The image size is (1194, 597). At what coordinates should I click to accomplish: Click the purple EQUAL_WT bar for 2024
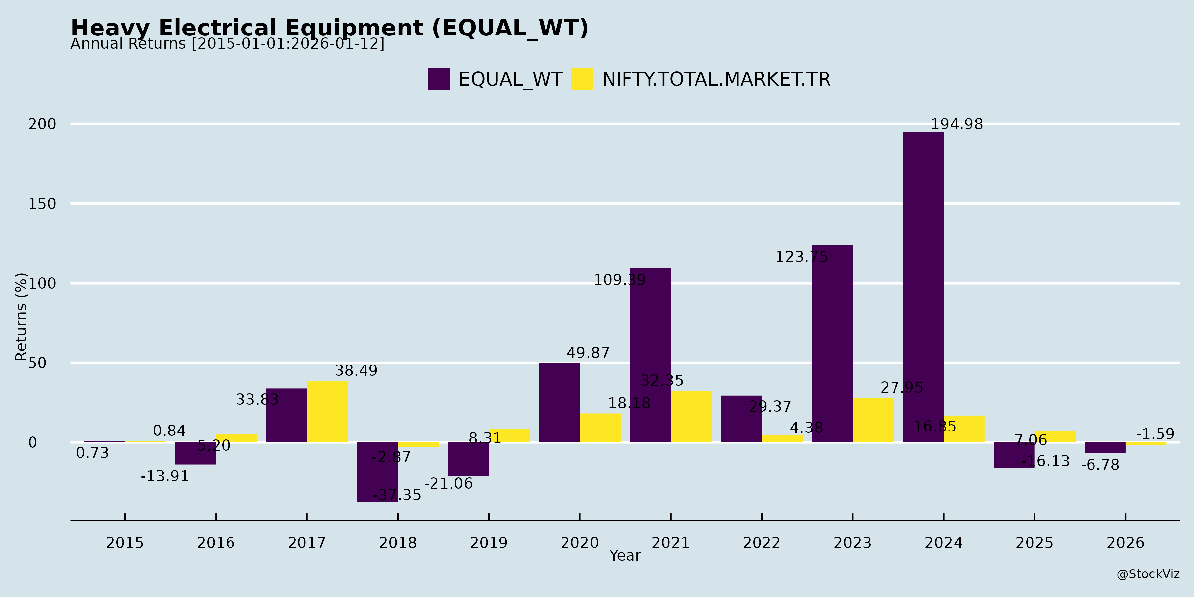(923, 287)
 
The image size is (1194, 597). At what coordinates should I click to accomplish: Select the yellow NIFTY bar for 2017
(327, 412)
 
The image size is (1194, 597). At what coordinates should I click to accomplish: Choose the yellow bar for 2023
(873, 420)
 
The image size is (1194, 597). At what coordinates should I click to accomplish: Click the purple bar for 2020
(559, 402)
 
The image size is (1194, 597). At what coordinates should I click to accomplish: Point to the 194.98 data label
(957, 124)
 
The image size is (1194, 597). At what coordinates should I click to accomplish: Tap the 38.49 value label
(356, 371)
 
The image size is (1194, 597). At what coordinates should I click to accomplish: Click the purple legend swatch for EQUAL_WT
(438, 79)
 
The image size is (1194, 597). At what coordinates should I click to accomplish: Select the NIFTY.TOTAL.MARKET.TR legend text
(716, 79)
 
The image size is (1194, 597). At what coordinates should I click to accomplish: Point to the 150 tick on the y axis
(42, 204)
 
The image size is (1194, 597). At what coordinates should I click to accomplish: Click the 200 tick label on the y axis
(42, 124)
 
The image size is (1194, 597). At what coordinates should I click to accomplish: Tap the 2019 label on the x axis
(489, 542)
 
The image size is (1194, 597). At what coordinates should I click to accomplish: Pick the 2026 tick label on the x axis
(1125, 542)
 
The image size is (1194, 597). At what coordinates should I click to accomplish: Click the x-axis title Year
(625, 555)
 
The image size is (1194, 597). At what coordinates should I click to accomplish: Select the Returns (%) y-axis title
(21, 317)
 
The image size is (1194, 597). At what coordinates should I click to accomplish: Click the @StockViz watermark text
(1148, 574)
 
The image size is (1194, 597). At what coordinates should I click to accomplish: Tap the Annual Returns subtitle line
(227, 44)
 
